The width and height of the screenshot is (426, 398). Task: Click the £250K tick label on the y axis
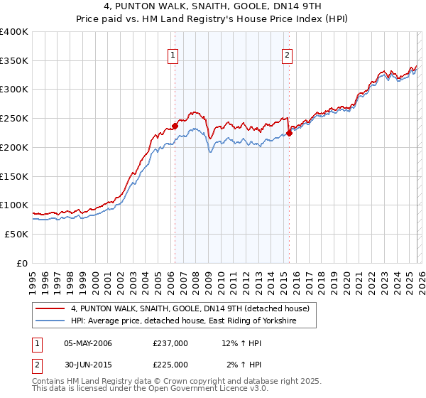14,119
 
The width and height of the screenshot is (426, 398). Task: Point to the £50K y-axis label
16,234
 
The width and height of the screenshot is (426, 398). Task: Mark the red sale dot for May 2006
175,127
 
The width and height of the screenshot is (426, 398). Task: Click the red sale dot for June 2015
290,133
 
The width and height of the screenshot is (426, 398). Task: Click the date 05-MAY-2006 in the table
88,344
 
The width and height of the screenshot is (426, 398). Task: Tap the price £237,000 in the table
170,344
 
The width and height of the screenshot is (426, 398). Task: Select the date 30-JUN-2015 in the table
87,364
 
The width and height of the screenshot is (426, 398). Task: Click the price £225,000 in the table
170,364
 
